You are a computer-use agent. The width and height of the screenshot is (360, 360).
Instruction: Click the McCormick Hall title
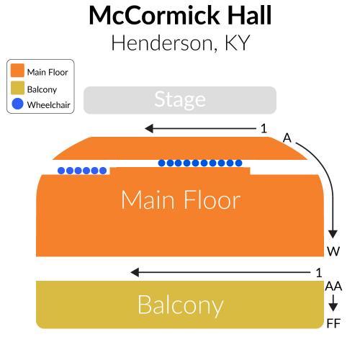[180, 15]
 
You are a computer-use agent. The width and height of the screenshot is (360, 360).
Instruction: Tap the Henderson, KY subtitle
[181, 43]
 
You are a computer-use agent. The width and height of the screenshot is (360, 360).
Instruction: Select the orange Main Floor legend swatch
[17, 71]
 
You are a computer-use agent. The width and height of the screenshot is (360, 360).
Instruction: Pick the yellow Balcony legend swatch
[17, 88]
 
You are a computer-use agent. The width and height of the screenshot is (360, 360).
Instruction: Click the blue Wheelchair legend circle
[17, 104]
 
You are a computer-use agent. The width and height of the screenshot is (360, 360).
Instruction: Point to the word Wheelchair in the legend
[48, 105]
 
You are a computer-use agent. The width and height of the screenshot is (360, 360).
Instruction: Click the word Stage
[180, 99]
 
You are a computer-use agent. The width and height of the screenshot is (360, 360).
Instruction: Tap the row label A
[287, 138]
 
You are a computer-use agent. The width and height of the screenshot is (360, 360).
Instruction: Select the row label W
[333, 251]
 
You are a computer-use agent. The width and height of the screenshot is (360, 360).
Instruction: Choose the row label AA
[333, 286]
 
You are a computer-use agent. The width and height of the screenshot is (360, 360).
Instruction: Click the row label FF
[333, 323]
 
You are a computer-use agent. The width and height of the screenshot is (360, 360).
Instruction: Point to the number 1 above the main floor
[264, 129]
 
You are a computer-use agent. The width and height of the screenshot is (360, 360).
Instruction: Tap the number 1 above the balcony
[319, 273]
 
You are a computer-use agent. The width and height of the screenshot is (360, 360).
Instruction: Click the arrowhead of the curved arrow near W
[333, 234]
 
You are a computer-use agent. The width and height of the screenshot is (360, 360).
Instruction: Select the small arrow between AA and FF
[333, 303]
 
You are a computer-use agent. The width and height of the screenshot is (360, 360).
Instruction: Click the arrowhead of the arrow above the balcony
[135, 272]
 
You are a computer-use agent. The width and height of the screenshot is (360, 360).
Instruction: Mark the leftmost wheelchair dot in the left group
[61, 171]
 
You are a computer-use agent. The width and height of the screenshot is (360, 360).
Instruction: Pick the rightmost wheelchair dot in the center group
[238, 163]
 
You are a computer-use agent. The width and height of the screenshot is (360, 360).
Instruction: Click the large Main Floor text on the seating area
[181, 199]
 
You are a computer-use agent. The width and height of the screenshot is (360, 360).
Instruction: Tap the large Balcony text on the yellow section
[181, 305]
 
